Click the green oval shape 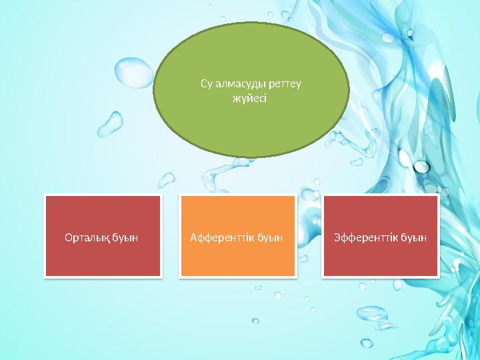tap(251, 90)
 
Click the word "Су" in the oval tap(207, 83)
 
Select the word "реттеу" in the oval tap(285, 84)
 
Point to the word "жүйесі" tap(249, 99)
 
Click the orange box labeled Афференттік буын tap(238, 236)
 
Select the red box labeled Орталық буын tap(103, 236)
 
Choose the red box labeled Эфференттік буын tap(381, 236)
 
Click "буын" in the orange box tap(269, 238)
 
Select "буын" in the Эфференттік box tap(413, 238)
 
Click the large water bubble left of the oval tap(134, 73)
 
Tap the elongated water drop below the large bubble tap(110, 124)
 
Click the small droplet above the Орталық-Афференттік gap tap(166, 180)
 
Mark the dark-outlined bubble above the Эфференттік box tap(421, 167)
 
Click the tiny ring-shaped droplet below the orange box tap(255, 321)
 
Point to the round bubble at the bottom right tap(367, 343)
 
